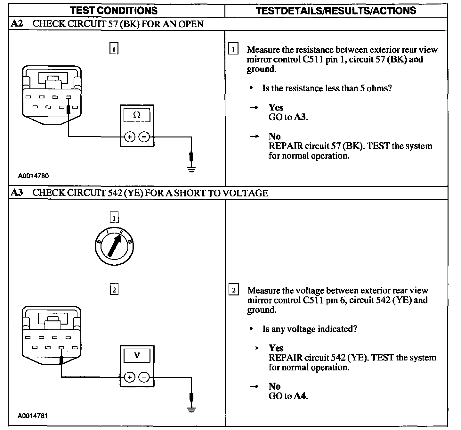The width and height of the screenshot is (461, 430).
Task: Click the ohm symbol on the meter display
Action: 137,115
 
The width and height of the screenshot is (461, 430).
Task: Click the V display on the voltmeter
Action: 137,356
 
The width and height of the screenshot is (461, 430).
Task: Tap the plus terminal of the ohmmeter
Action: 130,137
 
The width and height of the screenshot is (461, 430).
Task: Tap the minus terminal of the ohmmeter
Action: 144,137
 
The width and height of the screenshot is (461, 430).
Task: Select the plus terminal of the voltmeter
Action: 130,377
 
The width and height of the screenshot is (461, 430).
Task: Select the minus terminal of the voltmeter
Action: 144,377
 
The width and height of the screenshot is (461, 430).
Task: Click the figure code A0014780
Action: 33,176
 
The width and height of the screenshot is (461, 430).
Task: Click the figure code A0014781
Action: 33,416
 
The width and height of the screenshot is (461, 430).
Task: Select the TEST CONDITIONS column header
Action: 114,11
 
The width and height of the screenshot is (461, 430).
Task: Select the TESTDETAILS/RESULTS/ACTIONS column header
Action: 336,11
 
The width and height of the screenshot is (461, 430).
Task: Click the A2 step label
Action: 17,24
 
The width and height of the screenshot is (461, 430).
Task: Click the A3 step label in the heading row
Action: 17,193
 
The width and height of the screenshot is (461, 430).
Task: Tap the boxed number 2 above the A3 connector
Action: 114,290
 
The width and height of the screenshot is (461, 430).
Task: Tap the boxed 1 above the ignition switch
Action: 114,218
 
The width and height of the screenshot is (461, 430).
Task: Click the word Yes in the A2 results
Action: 276,108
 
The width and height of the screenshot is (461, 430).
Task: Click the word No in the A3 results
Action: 274,386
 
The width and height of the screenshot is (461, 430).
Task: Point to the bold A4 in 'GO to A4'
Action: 300,396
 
